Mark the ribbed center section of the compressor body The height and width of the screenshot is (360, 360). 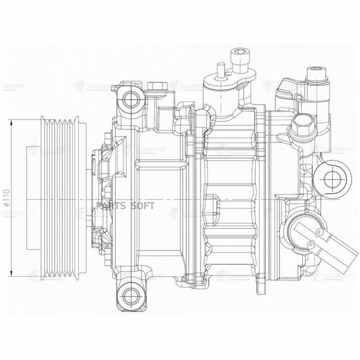click(x=230, y=196)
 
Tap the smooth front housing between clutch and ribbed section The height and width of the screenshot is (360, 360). click(x=160, y=196)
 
